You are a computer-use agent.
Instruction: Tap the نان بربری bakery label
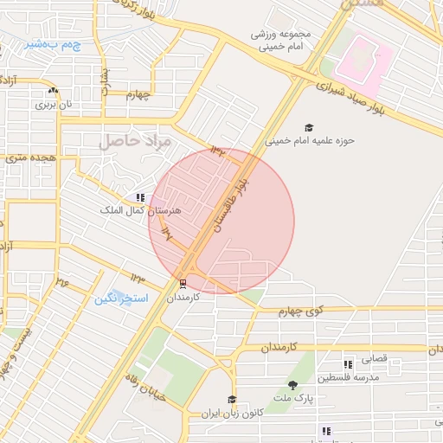[x=52, y=104]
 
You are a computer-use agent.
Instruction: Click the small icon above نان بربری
[x=54, y=91]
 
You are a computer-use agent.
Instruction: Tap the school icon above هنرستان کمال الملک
[x=140, y=198]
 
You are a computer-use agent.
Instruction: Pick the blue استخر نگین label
[x=122, y=299]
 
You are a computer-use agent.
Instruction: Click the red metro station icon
[x=183, y=283]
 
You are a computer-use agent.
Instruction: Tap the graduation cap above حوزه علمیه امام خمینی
[x=309, y=126]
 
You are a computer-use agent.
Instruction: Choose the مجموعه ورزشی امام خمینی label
[x=280, y=40]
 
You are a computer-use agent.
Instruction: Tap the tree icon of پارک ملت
[x=292, y=386]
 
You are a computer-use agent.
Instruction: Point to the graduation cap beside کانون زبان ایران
[x=231, y=400]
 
